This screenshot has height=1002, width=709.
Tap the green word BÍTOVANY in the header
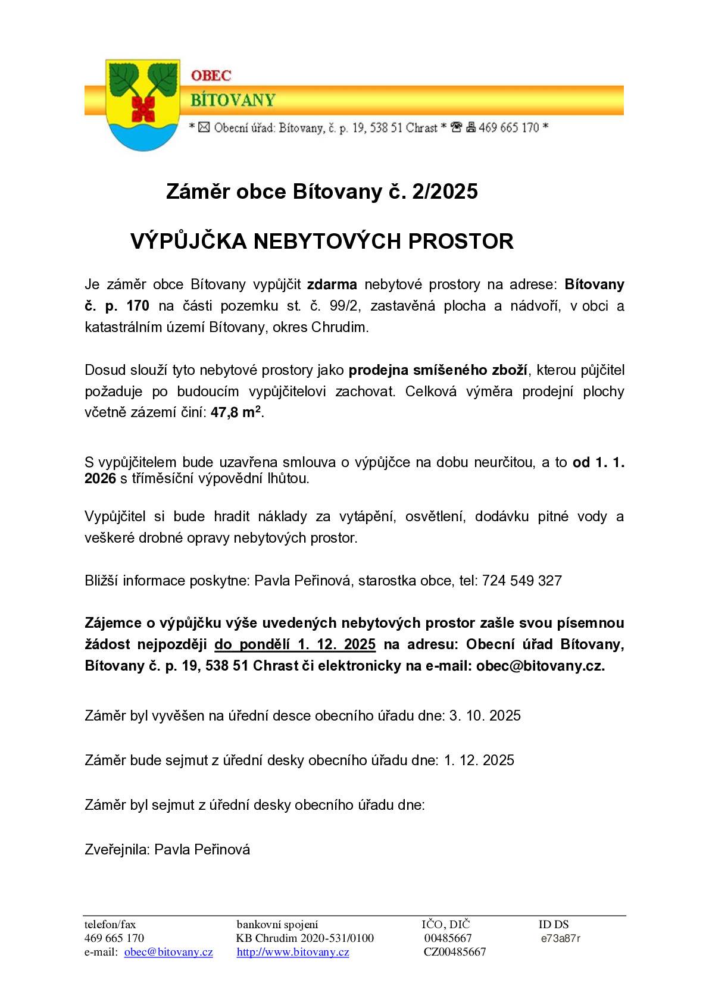233,99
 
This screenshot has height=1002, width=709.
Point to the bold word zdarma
332,284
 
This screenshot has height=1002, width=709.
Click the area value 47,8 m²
236,413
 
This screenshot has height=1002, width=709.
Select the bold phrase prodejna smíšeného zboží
438,370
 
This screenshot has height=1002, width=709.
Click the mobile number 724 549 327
521,580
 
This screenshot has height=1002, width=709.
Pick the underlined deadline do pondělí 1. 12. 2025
295,644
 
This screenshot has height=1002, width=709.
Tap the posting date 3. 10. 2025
485,715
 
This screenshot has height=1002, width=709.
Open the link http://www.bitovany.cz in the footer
293,952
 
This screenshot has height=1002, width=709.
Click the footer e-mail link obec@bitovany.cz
168,952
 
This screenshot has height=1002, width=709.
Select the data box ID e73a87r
560,938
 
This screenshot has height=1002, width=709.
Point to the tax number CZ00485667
455,952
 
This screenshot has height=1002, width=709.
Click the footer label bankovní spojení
277,925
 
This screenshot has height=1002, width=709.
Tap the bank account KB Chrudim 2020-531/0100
305,938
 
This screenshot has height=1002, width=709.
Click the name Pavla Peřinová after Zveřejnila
202,849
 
